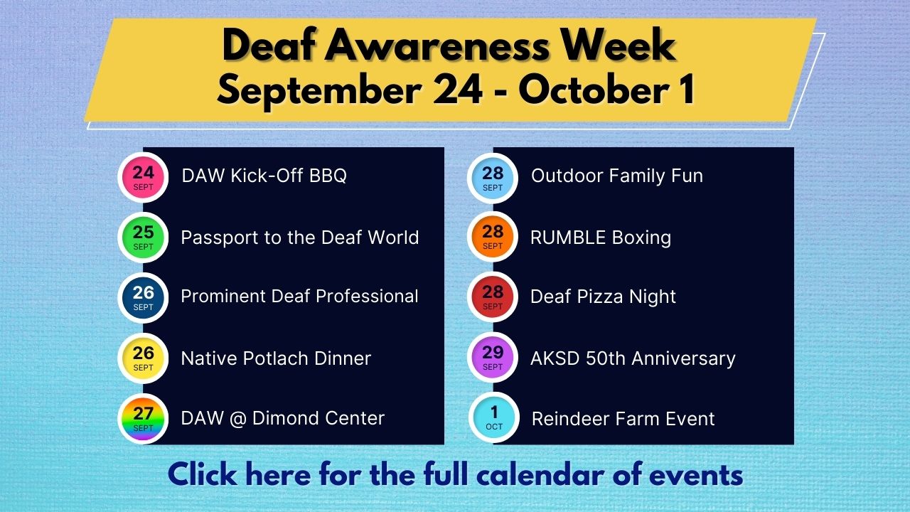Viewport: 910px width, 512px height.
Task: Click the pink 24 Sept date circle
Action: (143, 178)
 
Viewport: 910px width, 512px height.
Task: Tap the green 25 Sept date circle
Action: (143, 238)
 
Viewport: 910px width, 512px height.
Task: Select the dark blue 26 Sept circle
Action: (143, 298)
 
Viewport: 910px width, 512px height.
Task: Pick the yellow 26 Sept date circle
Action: (143, 358)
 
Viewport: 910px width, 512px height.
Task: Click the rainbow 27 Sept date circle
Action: (143, 419)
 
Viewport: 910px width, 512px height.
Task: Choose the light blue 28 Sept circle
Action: (493, 178)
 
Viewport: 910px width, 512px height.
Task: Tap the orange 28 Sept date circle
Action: (493, 237)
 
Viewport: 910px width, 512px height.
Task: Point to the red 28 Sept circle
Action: (493, 297)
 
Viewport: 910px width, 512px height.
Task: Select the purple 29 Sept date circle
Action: (493, 358)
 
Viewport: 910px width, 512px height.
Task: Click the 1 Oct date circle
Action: (494, 417)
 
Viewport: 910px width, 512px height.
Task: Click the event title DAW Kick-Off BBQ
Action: (264, 176)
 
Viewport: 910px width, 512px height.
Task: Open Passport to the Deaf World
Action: (300, 238)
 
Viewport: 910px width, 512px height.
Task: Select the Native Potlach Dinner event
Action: (276, 358)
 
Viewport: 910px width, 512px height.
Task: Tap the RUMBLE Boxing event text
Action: (601, 238)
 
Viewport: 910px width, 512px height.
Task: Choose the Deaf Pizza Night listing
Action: (603, 297)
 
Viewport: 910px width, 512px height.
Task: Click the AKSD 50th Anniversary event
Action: (633, 358)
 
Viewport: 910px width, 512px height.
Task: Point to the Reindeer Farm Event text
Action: (623, 419)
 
